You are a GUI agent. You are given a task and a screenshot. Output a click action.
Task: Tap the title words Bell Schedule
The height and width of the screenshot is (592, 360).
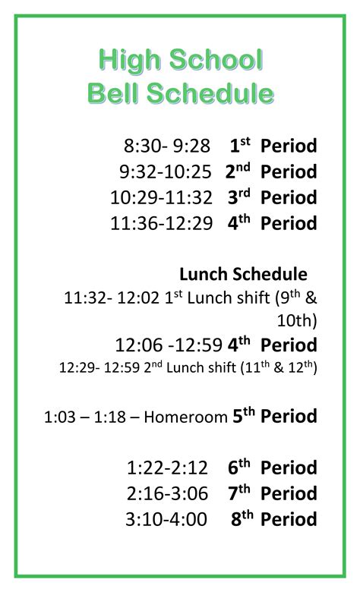coord(181,93)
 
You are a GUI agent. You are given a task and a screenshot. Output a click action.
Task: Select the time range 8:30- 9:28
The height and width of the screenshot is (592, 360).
coord(166,146)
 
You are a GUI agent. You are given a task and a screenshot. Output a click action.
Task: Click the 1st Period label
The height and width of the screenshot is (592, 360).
coord(272,146)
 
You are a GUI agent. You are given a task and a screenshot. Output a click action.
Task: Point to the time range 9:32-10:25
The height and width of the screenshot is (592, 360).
coord(165,172)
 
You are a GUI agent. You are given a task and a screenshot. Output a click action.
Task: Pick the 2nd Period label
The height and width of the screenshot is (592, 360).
coord(270,172)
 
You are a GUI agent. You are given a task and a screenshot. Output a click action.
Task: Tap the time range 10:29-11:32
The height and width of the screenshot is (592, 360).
coord(161,197)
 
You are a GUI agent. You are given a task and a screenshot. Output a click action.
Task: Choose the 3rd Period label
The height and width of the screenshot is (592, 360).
coord(272,197)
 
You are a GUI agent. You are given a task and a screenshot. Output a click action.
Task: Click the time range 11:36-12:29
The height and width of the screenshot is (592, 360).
coord(161,223)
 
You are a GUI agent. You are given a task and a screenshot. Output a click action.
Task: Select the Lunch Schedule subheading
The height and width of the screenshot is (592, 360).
coord(243,274)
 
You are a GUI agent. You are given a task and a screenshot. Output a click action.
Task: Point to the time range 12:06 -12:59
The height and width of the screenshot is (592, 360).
coord(169,345)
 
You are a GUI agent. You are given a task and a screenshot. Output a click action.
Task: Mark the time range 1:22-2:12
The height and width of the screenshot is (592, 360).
coord(168,468)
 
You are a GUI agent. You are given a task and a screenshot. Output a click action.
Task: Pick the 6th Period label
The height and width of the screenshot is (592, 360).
coord(272,468)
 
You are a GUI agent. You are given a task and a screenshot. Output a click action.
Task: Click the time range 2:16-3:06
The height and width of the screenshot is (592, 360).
coord(168,493)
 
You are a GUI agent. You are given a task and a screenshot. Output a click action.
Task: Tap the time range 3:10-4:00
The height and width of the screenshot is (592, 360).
coord(168,519)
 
